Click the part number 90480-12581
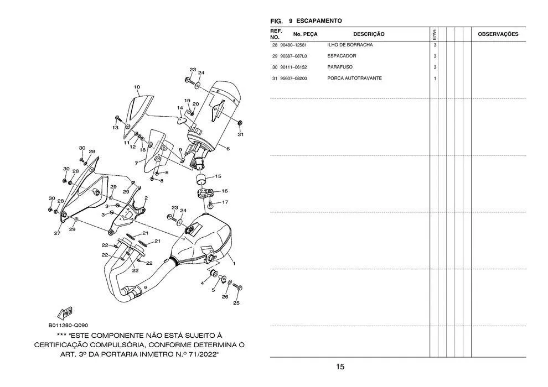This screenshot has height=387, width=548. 294,45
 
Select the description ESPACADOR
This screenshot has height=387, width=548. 342,56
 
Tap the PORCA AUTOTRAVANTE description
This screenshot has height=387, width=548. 354,78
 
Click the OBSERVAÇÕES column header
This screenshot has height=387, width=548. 498,34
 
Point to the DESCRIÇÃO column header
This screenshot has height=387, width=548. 369,34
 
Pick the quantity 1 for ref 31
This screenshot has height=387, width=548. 435,78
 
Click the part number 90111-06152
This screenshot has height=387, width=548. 294,67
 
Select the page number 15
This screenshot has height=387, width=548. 340,367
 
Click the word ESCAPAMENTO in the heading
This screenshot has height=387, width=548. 319,21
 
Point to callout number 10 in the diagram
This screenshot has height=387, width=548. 137,87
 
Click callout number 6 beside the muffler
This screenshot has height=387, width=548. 228,149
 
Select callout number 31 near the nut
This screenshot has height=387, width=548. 240,134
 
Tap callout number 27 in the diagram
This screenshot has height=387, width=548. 57,233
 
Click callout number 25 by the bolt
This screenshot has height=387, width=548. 236,303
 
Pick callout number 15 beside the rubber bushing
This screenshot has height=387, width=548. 218,176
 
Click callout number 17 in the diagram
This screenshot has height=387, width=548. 225,202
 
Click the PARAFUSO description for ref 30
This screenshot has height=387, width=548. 340,67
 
